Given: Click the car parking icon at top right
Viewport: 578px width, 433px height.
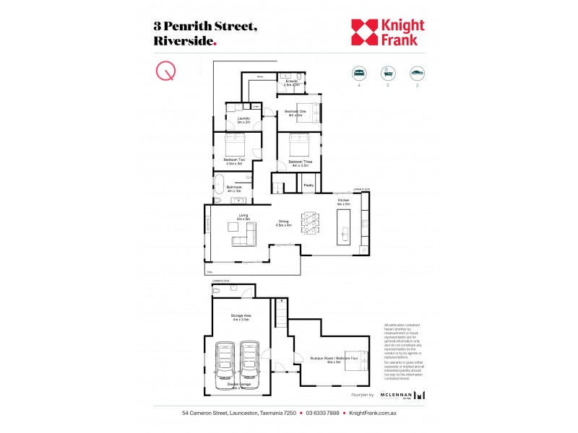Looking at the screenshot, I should click(x=417, y=73).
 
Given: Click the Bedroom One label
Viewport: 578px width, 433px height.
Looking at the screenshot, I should click(x=295, y=113).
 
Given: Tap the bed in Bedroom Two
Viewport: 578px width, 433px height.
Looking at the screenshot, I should click(x=236, y=141).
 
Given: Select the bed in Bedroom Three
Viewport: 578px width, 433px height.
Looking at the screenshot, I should click(x=301, y=143).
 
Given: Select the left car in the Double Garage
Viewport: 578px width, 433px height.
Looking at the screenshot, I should click(x=225, y=364).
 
